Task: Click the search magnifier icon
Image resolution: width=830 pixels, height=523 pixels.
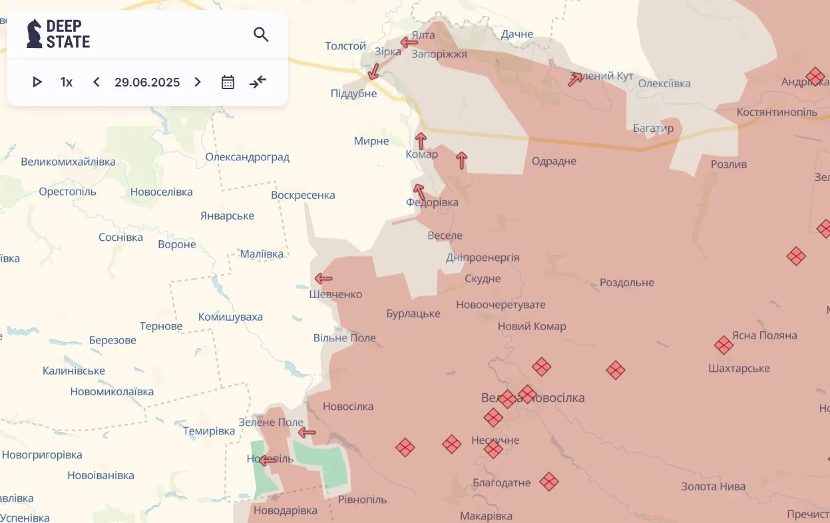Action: pyautogui.click(x=261, y=35)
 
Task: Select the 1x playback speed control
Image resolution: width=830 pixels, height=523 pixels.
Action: pyautogui.click(x=67, y=82)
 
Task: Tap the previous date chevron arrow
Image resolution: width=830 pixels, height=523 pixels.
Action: pyautogui.click(x=97, y=82)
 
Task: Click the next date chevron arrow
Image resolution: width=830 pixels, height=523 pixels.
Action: pyautogui.click(x=197, y=82)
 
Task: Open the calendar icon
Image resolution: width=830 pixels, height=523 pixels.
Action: pyautogui.click(x=228, y=82)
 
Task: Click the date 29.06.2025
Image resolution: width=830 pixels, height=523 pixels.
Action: pyautogui.click(x=147, y=82)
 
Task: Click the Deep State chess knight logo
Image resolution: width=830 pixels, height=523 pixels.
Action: pyautogui.click(x=34, y=33)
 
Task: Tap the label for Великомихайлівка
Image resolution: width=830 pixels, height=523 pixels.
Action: pyautogui.click(x=68, y=162)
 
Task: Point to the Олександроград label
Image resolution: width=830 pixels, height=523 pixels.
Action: pyautogui.click(x=247, y=157)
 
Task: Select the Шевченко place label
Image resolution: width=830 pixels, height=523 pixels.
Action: pyautogui.click(x=335, y=294)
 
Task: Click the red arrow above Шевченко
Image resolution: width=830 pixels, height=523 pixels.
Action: pyautogui.click(x=323, y=279)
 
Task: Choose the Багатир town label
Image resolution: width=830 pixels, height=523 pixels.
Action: pyautogui.click(x=653, y=128)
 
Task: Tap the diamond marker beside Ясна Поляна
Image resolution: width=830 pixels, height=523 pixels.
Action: pyautogui.click(x=724, y=345)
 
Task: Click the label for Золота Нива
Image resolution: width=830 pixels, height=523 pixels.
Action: pyautogui.click(x=713, y=486)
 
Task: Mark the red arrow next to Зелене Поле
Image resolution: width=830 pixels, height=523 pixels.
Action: pyautogui.click(x=307, y=433)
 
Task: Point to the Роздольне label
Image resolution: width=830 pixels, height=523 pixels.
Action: pyautogui.click(x=626, y=282)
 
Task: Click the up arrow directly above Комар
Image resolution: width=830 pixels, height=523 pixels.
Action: pyautogui.click(x=421, y=141)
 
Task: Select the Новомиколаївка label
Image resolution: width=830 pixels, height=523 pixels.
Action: pyautogui.click(x=112, y=391)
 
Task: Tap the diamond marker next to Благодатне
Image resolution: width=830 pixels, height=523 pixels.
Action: pyautogui.click(x=548, y=482)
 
